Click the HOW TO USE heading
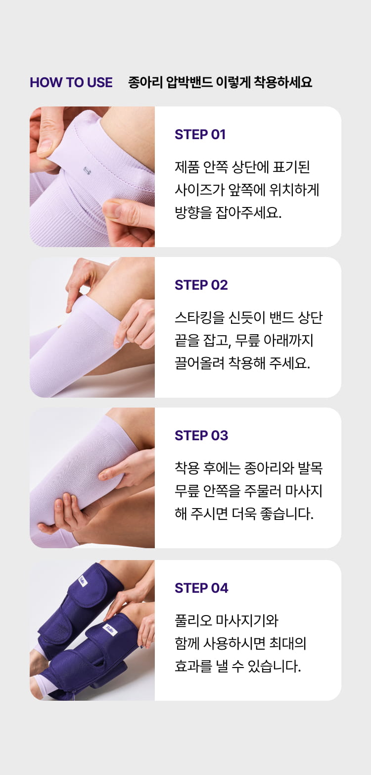(x=71, y=82)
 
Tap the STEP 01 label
(x=200, y=134)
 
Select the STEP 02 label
(x=201, y=285)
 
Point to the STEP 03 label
(x=201, y=436)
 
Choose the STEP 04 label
(x=201, y=588)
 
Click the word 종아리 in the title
(x=145, y=82)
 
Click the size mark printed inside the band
(x=87, y=170)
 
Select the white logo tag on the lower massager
(x=109, y=628)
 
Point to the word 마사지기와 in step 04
(x=247, y=620)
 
